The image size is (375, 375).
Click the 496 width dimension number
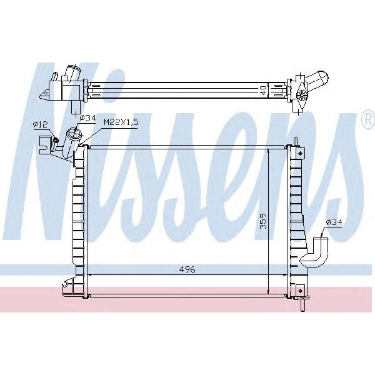pos(186,269)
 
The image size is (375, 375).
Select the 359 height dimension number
pos(263,222)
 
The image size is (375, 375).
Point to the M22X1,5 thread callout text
pos(121,122)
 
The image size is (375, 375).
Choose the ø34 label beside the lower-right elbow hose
pos(334,222)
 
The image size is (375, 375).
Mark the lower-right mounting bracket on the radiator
pos(301,291)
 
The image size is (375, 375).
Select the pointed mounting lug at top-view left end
pos(44,95)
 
